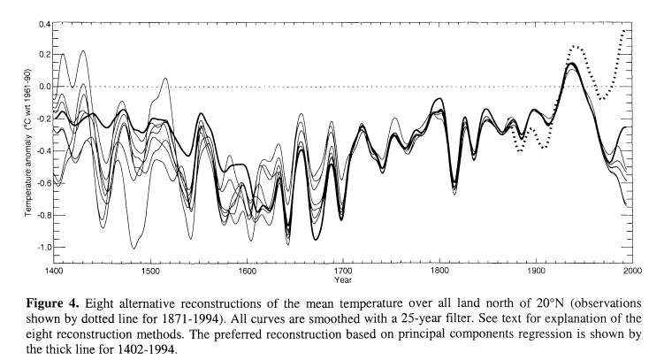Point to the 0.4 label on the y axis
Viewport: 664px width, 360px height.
(x=42, y=22)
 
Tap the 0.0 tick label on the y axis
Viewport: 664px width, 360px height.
(x=42, y=87)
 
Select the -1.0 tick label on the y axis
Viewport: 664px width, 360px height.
(x=41, y=246)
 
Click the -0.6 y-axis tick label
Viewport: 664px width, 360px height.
(x=41, y=182)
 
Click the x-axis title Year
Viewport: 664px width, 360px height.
(x=343, y=280)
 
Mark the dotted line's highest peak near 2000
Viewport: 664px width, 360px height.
(x=624, y=31)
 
